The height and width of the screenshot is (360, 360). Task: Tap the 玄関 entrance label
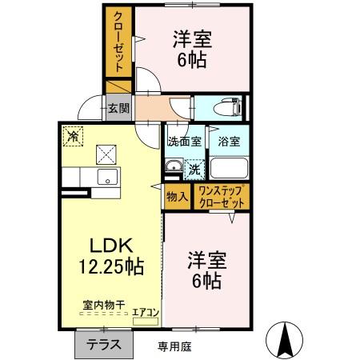click(118, 107)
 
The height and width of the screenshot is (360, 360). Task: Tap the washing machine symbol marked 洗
click(194, 169)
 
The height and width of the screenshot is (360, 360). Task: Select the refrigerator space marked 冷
click(73, 135)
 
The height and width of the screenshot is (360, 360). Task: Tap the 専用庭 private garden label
click(174, 346)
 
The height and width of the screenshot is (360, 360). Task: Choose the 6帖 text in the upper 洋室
click(190, 60)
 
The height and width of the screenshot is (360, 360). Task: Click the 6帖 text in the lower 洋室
click(206, 280)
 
